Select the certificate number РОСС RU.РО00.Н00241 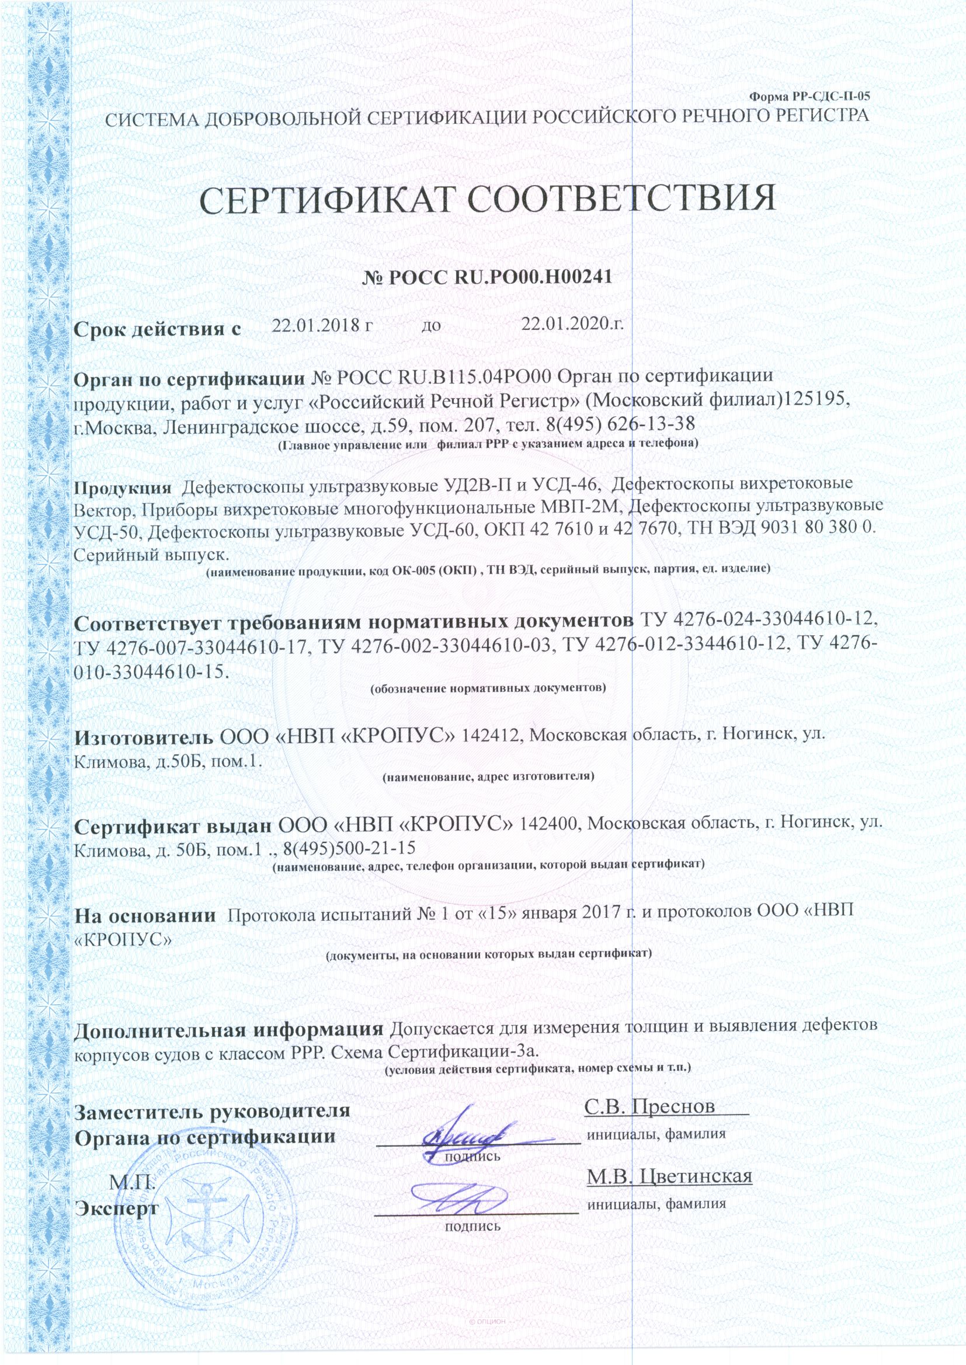click(x=498, y=277)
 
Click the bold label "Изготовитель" click(x=143, y=738)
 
